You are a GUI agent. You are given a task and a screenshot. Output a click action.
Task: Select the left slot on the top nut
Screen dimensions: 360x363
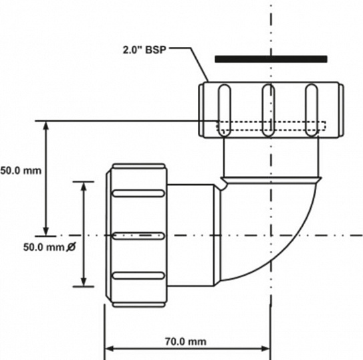click(x=221, y=110)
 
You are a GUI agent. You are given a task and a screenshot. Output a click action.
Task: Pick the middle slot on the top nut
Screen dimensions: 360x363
click(x=266, y=110)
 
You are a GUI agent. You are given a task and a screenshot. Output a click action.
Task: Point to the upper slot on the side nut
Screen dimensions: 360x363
click(x=138, y=193)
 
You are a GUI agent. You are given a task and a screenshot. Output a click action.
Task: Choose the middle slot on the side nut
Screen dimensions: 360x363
click(x=138, y=236)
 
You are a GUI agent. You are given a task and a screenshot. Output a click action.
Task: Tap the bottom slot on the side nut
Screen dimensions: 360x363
click(x=138, y=276)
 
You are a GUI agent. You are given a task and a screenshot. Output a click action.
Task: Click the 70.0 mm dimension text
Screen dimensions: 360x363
click(x=185, y=342)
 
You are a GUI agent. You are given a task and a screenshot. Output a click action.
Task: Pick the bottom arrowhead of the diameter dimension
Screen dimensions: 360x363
click(x=84, y=284)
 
